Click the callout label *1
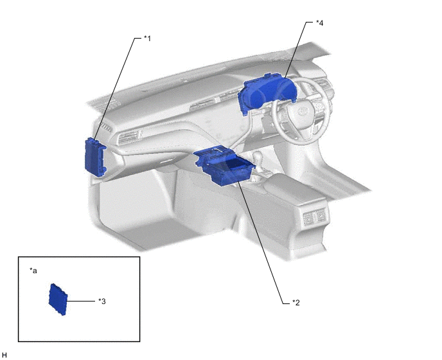point(147,39)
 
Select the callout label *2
point(296,303)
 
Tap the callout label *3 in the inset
point(102,301)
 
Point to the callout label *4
point(320,23)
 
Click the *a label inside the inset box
point(33,271)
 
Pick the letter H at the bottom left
point(4,355)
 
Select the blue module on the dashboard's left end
point(95,157)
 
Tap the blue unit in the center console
point(224,166)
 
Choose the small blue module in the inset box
point(58,300)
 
